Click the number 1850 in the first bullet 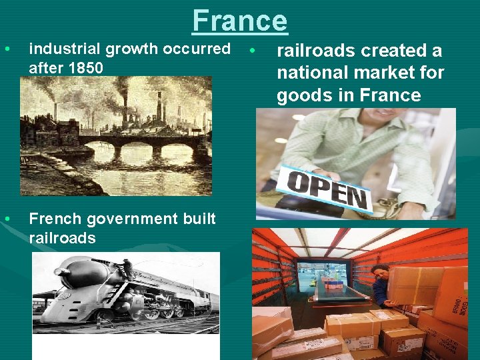coord(85,67)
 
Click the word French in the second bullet coord(52,219)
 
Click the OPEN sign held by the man coord(327,187)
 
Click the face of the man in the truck coord(379,273)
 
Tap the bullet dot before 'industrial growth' coord(7,49)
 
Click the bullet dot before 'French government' coord(7,219)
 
